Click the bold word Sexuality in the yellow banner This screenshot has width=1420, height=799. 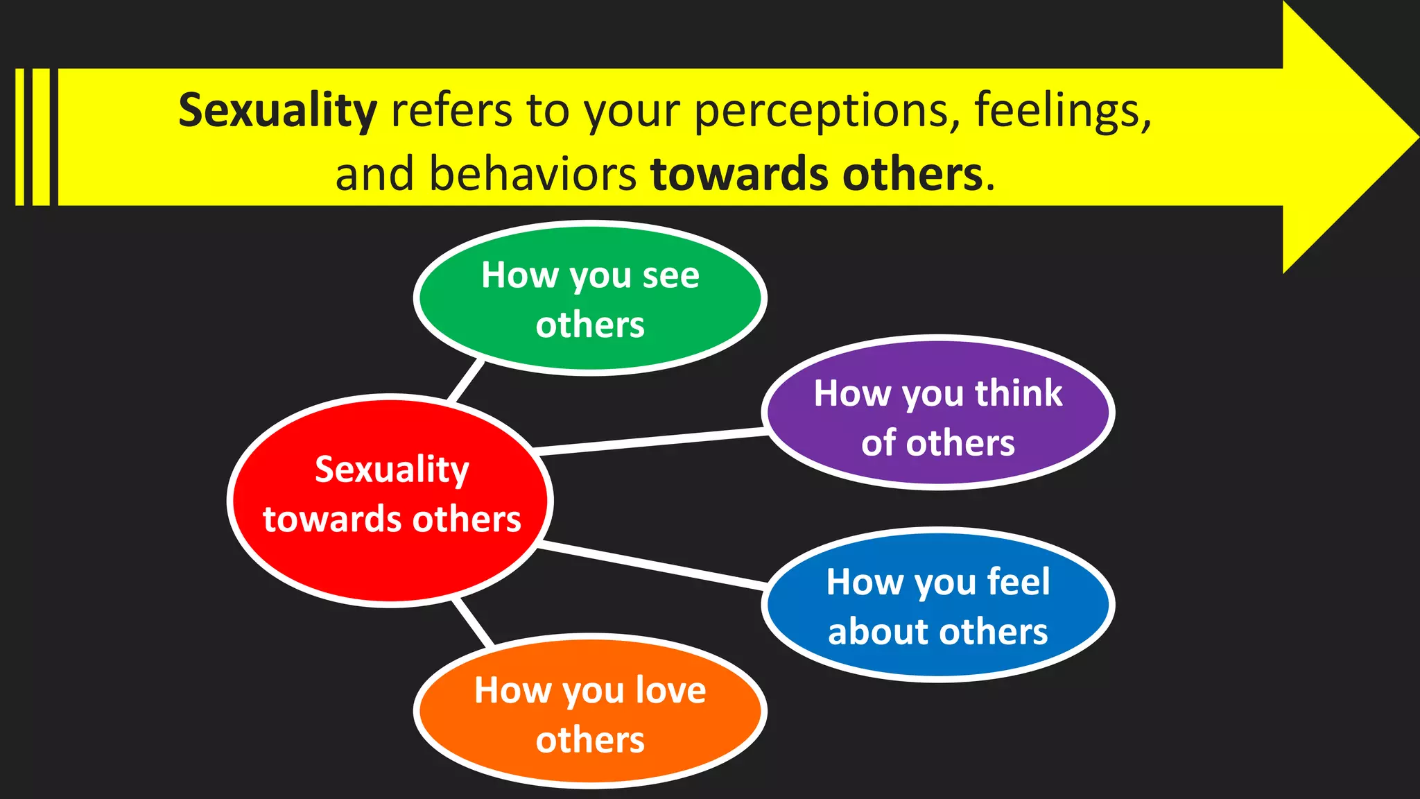(277, 111)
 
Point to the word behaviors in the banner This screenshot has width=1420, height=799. (532, 173)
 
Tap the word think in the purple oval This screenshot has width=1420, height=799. (1019, 394)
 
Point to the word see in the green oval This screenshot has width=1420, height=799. (670, 276)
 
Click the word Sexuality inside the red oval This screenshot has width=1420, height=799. (392, 470)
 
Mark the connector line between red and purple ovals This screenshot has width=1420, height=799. (652, 442)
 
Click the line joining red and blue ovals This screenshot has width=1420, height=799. (652, 567)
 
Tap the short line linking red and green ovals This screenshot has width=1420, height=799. (466, 380)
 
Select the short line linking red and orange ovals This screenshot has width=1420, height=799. (473, 622)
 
